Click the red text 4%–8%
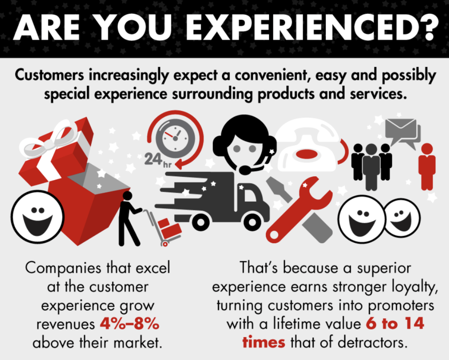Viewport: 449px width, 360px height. pos(130,324)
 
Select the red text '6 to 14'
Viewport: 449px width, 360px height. pos(395,323)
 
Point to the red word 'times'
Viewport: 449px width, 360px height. pos(264,342)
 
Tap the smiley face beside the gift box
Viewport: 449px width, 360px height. pos(37,217)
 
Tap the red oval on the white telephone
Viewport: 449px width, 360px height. pos(306,154)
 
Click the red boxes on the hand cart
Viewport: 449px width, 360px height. pos(169,227)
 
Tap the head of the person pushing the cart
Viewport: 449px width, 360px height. pos(127,196)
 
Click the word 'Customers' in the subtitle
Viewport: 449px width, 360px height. pos(49,75)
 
